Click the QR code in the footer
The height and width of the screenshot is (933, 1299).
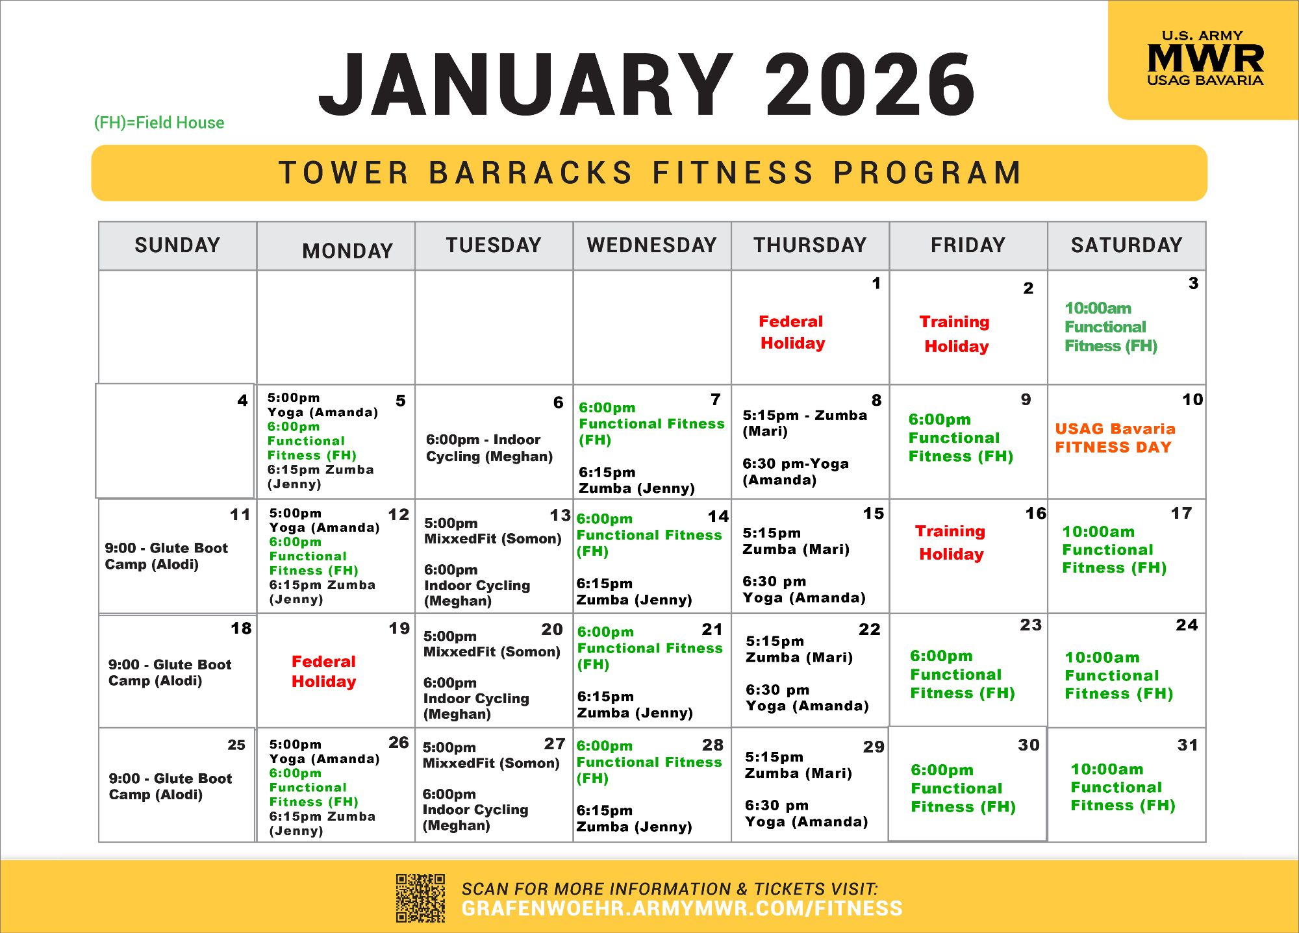421,898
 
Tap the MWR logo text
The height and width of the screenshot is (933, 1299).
1205,58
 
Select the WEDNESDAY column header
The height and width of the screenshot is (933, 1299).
651,245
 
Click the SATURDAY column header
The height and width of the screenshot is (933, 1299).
1127,245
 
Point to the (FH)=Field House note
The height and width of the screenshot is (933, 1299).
159,123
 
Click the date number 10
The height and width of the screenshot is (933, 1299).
1192,399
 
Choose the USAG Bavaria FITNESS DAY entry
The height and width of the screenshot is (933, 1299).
1115,438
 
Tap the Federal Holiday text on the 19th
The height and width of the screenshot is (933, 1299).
324,671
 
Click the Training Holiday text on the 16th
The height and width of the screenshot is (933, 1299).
950,543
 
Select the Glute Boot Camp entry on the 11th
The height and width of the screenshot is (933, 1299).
166,556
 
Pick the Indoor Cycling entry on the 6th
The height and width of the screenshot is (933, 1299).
489,448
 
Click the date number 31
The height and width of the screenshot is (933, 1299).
1187,745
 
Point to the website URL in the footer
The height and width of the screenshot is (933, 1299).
682,908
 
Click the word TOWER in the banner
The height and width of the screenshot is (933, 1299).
344,173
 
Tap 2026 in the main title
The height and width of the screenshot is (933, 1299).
870,85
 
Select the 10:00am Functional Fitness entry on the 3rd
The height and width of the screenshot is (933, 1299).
1111,327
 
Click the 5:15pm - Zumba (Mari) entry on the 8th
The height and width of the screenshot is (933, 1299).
805,423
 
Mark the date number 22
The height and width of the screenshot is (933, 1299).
870,629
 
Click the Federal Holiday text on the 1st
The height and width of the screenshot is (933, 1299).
792,332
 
